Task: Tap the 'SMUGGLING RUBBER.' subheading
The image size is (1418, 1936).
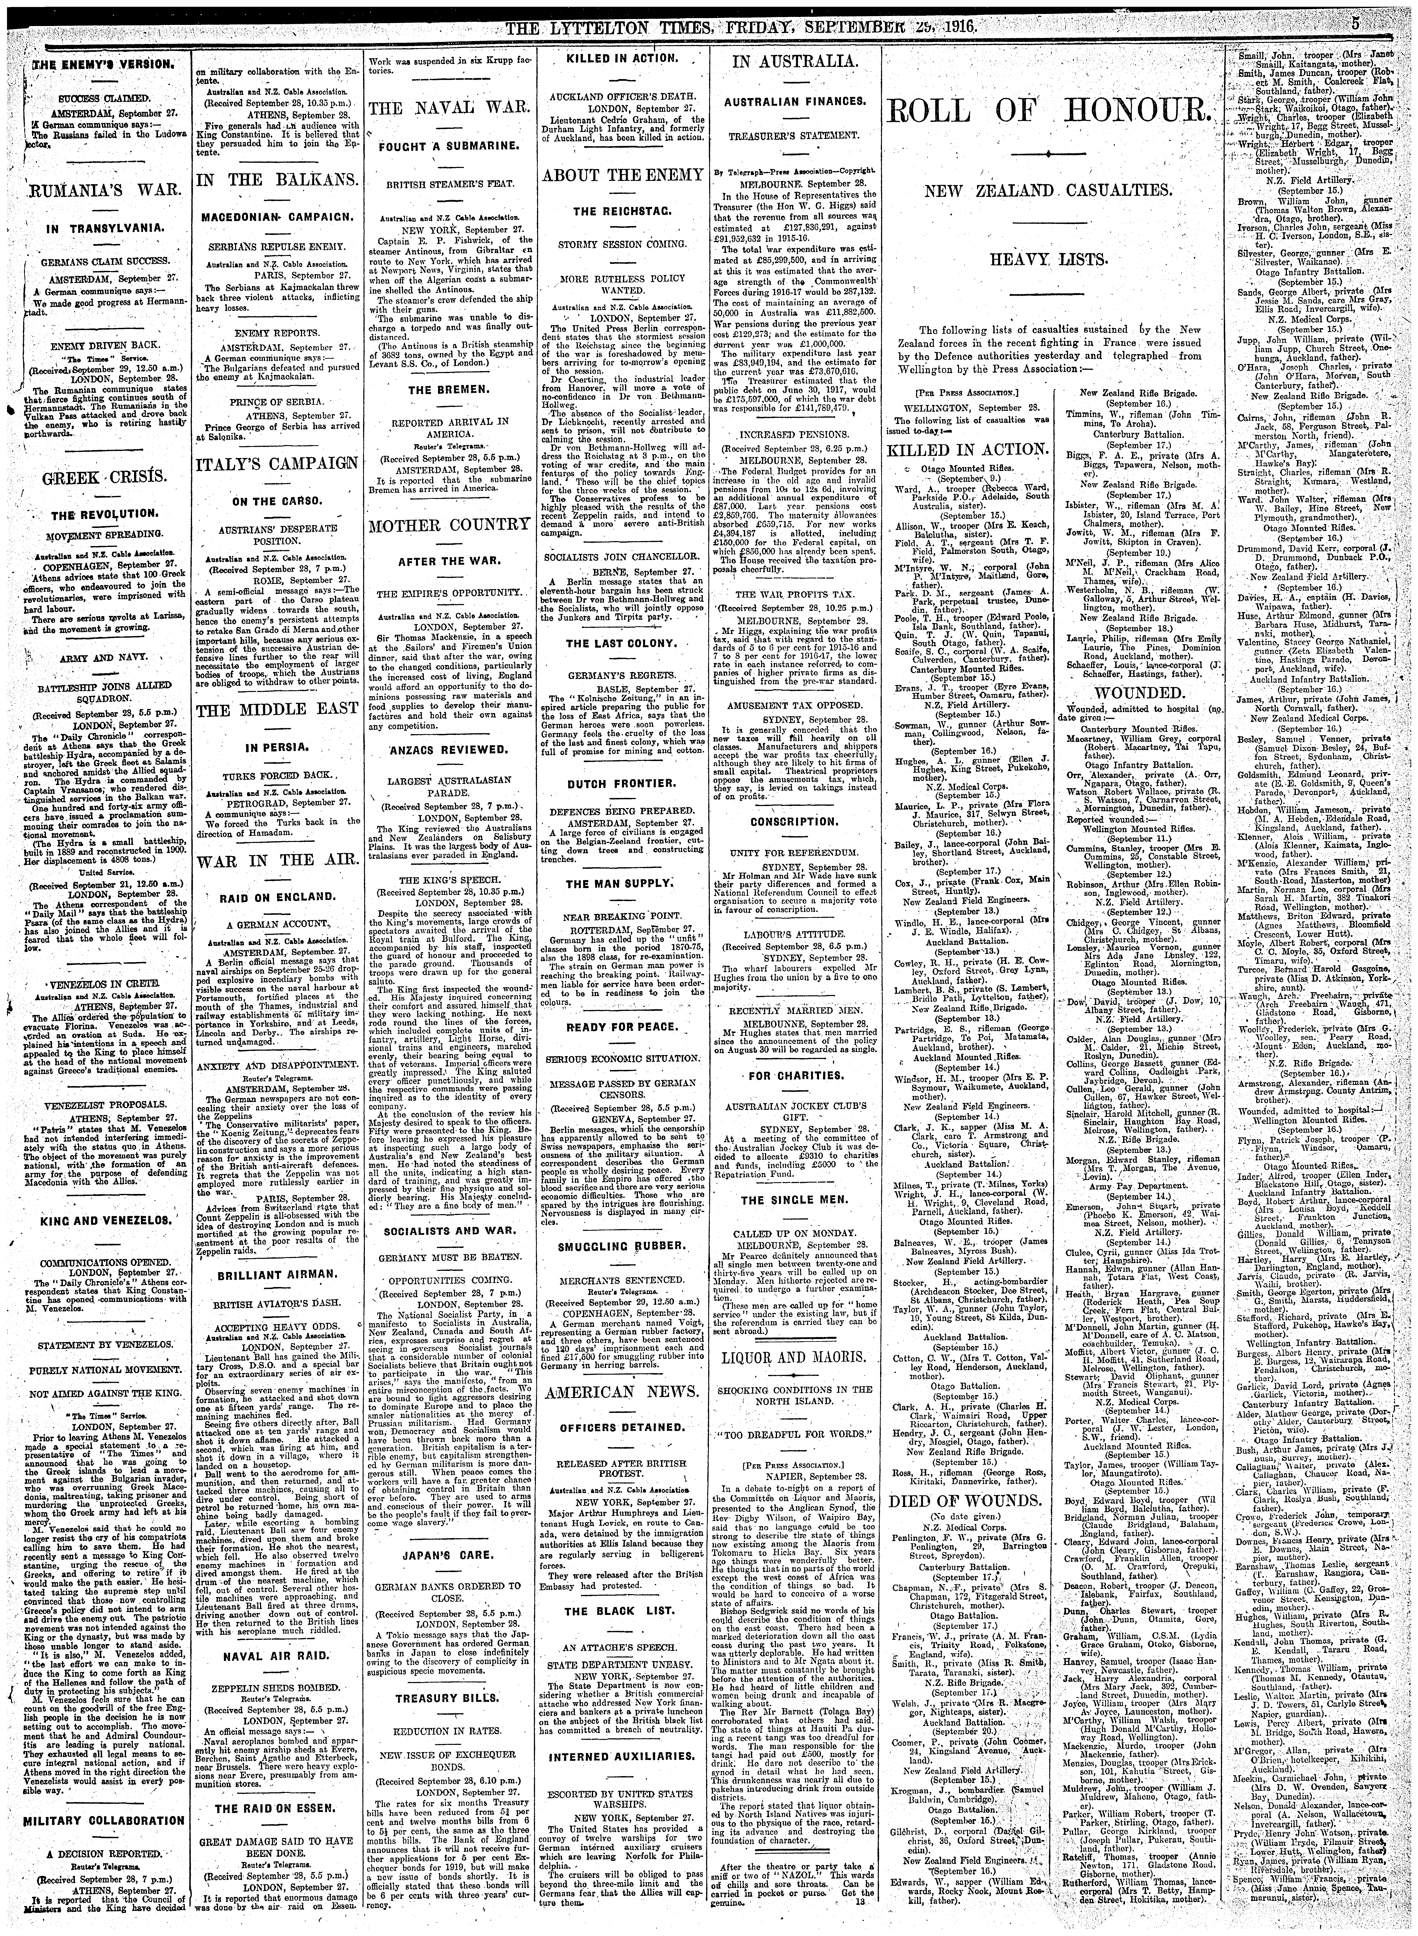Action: tap(623, 1244)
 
